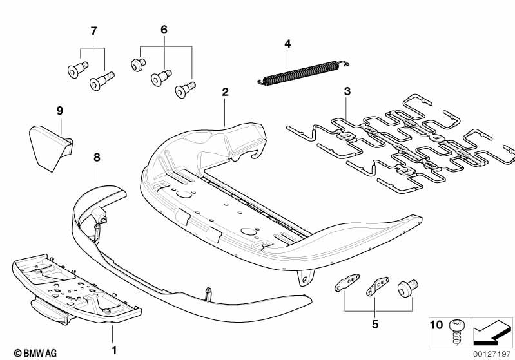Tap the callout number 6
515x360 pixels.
pos(163,30)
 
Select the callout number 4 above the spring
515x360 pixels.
pos(287,44)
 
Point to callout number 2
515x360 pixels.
pos(225,91)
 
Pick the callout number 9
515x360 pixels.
pos(59,111)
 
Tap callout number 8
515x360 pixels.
pos(97,156)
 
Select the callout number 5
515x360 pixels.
pos(375,323)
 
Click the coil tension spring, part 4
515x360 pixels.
pos(299,71)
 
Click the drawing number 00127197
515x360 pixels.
pos(492,352)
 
